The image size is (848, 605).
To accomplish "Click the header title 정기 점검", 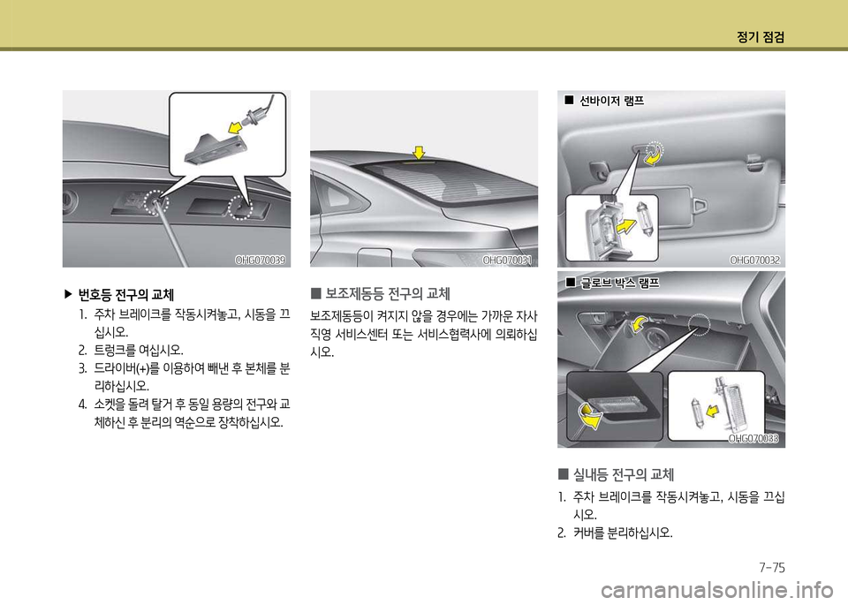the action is pyautogui.click(x=761, y=37).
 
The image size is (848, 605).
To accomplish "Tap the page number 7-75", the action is pyautogui.click(x=772, y=567).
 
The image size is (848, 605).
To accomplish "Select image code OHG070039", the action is pyautogui.click(x=260, y=260).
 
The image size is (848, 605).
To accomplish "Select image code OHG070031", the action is pyautogui.click(x=507, y=260).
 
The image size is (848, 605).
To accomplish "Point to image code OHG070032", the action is pyautogui.click(x=755, y=260).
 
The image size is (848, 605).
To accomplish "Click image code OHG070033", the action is pyautogui.click(x=753, y=438).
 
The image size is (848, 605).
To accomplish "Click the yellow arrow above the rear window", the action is pyautogui.click(x=419, y=152).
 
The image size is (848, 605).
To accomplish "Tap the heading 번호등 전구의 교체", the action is pyautogui.click(x=126, y=295).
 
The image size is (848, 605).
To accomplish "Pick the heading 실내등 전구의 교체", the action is pyautogui.click(x=624, y=474).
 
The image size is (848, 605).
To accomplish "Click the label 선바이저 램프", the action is pyautogui.click(x=611, y=101).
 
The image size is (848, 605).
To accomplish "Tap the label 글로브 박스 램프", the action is pyautogui.click(x=619, y=283).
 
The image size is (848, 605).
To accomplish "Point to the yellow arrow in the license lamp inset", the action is pyautogui.click(x=235, y=127).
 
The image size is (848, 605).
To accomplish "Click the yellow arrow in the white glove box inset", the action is pyautogui.click(x=714, y=412).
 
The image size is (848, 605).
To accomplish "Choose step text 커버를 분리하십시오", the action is pyautogui.click(x=623, y=533).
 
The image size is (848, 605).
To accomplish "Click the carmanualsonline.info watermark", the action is pyautogui.click(x=723, y=589).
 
